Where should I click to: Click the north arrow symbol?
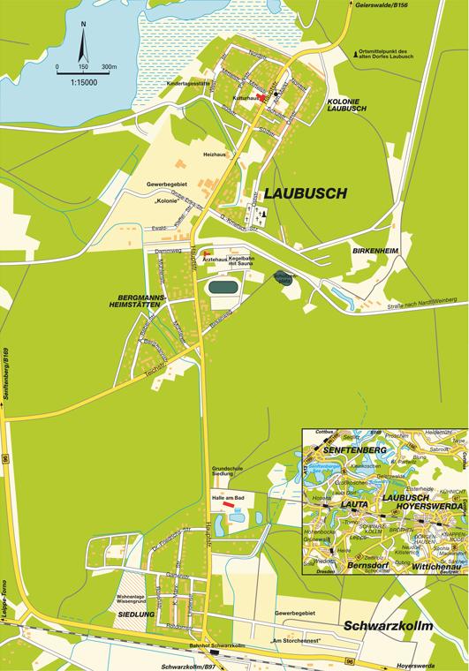(x=82, y=39)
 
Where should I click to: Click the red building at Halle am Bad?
(x=231, y=504)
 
